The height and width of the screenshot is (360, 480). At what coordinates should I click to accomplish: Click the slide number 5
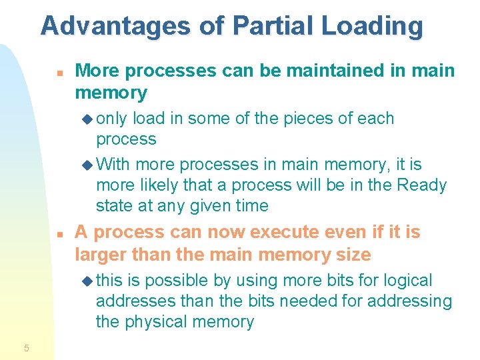click(x=26, y=347)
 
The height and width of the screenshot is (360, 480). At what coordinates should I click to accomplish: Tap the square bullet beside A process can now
click(x=59, y=234)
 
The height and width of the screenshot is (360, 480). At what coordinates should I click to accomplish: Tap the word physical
click(x=158, y=321)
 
